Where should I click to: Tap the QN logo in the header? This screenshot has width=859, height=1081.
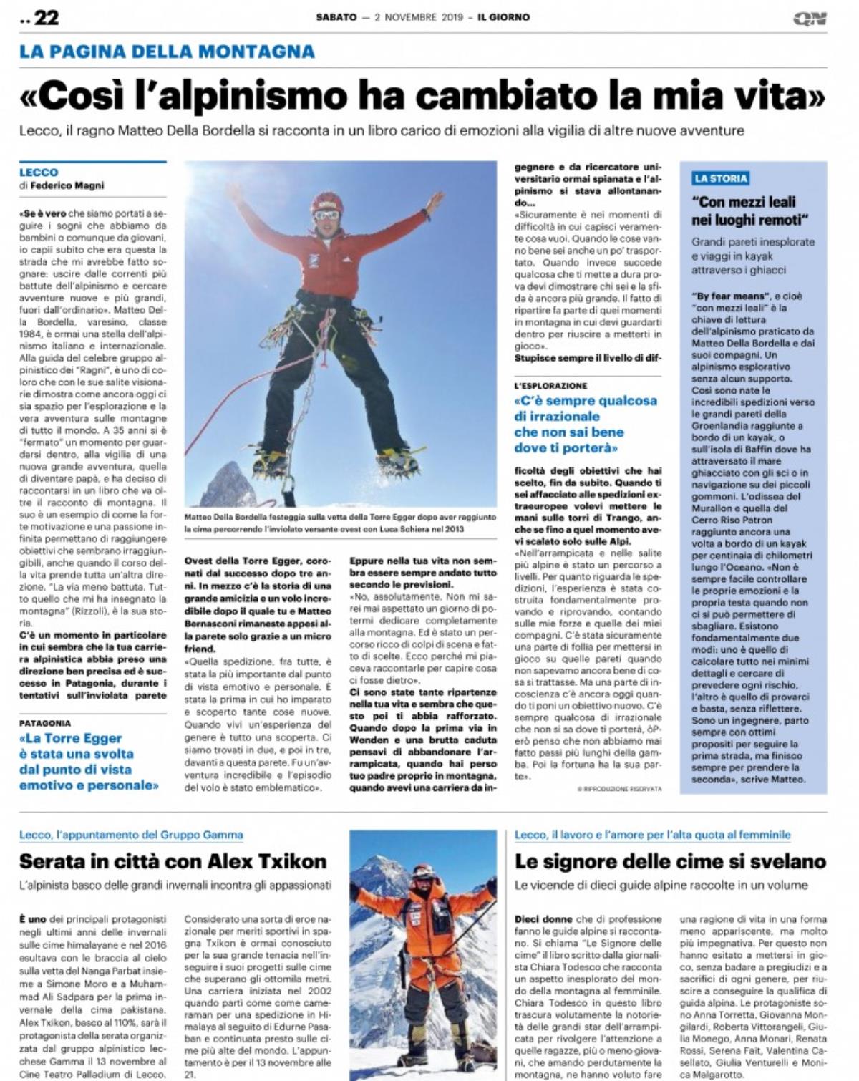pyautogui.click(x=810, y=18)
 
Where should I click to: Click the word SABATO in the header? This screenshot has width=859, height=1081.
pyautogui.click(x=336, y=17)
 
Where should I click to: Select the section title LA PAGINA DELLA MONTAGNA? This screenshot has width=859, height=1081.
pyautogui.click(x=167, y=52)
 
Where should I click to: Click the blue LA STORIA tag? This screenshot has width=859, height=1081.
pyautogui.click(x=720, y=178)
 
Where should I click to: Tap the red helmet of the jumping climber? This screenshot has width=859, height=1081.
pyautogui.click(x=327, y=202)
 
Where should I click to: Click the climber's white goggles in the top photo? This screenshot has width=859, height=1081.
pyautogui.click(x=326, y=215)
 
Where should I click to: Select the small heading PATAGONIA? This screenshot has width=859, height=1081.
pyautogui.click(x=45, y=723)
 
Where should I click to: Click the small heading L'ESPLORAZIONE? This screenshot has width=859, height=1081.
pyautogui.click(x=550, y=386)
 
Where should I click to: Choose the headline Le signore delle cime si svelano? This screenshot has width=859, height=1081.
pyautogui.click(x=670, y=861)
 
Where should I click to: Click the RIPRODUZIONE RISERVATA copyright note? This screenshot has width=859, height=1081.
pyautogui.click(x=619, y=788)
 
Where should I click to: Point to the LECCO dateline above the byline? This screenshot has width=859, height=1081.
pyautogui.click(x=39, y=173)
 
